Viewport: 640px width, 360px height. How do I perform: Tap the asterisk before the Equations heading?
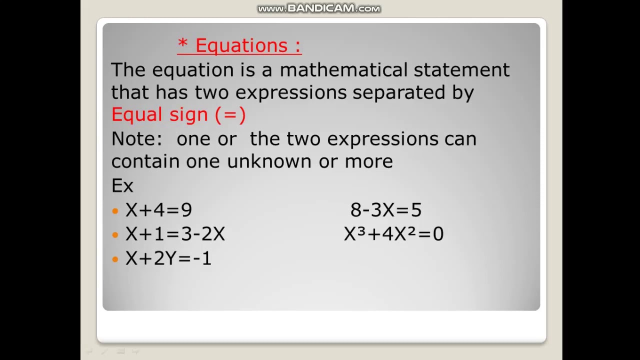coord(182,44)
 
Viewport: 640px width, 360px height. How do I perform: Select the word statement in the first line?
coord(461,70)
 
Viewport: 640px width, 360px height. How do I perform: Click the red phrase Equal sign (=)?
coord(178,115)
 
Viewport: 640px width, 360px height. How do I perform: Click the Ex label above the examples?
coord(122,186)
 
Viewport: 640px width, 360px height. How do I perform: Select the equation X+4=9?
coord(158,210)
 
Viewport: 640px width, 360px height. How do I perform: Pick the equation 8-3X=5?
coord(386,210)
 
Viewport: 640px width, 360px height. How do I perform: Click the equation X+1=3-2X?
coord(175,234)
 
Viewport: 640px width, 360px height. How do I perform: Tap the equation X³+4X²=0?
coord(393,234)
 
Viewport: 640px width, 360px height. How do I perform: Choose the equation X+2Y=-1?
coord(168,258)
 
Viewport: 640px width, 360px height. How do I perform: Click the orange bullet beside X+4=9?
coord(115,211)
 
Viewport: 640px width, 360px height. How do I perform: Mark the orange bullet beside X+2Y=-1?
coord(115,259)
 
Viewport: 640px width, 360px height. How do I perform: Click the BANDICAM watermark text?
coord(319,8)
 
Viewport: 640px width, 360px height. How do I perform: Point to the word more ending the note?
coord(368,161)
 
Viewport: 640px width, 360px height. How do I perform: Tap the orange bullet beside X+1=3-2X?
coord(115,235)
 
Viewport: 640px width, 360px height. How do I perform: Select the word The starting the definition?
coord(128,70)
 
